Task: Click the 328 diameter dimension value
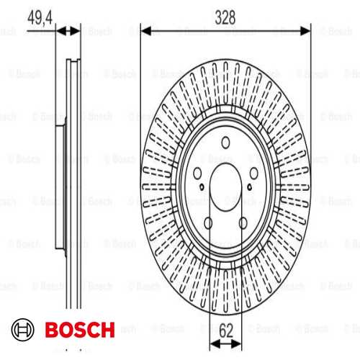[x=225, y=17]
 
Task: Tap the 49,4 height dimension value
[x=40, y=18]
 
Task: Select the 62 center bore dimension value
[x=226, y=330]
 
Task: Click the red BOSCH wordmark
[x=80, y=330]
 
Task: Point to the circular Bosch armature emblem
[x=23, y=330]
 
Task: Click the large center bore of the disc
[x=225, y=187]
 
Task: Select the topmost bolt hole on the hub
[x=225, y=143]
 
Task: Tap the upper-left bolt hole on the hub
[x=197, y=173]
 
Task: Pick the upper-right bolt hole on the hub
[x=253, y=173]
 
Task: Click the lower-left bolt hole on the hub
[x=208, y=223]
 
